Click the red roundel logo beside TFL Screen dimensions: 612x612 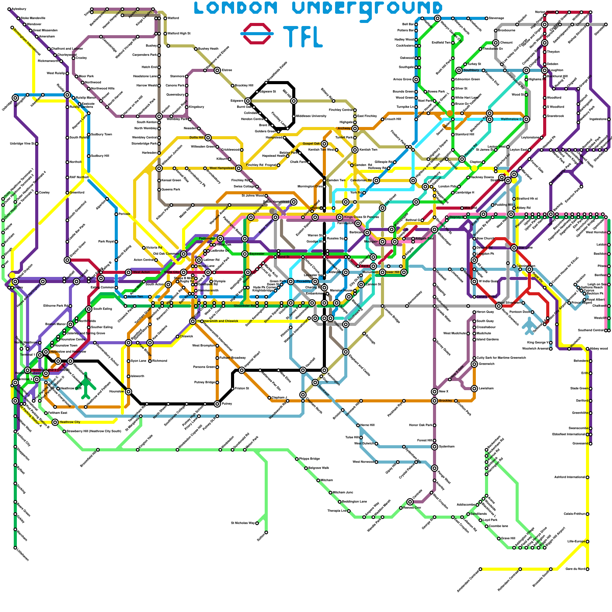[x=257, y=34]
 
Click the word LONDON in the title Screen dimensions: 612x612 [x=236, y=8]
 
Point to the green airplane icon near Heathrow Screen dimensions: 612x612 [x=86, y=385]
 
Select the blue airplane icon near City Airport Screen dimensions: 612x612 [x=529, y=326]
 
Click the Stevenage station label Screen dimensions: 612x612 [x=496, y=18]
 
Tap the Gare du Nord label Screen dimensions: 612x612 [x=576, y=569]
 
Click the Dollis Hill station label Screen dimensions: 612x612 [x=197, y=137]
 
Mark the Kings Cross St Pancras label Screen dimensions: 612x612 [x=361, y=217]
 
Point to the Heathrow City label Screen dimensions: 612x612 [x=70, y=422]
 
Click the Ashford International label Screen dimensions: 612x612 [x=570, y=477]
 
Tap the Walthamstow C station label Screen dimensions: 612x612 [x=511, y=119]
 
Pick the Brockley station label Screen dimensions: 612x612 [x=446, y=400]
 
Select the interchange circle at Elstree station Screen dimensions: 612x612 [x=217, y=70]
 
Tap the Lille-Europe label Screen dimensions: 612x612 [x=576, y=541]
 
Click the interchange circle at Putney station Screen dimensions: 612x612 [x=217, y=404]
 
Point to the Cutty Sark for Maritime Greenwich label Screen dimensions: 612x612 [x=501, y=358]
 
